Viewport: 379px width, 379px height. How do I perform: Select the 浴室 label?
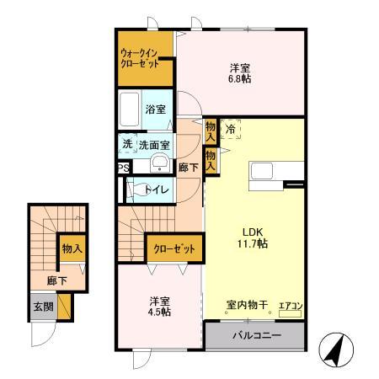[155, 109]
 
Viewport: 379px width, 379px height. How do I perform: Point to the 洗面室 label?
[154, 144]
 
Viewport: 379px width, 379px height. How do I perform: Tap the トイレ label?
[158, 189]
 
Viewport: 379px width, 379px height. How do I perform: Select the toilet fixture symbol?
[135, 190]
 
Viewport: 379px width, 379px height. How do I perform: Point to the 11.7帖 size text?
[252, 244]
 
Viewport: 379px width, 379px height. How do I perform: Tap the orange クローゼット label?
[175, 249]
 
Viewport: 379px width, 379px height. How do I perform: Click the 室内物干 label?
[247, 305]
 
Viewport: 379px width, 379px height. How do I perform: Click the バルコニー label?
[254, 335]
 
